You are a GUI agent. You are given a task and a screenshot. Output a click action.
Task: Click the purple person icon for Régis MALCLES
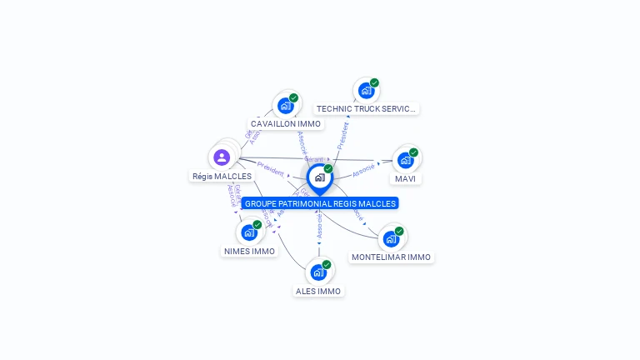222,157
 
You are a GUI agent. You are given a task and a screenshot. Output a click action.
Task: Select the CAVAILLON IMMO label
286,124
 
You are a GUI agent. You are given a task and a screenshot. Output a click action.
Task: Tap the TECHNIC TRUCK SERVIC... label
366,109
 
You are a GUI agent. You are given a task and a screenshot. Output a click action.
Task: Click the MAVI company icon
405,160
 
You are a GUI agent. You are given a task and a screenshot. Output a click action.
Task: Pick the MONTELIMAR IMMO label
391,257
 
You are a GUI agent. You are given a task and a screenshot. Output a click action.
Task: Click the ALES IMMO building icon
318,272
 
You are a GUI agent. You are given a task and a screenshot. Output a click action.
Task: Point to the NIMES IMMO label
249,252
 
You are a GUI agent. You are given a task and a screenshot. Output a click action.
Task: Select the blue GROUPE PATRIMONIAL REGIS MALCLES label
320,203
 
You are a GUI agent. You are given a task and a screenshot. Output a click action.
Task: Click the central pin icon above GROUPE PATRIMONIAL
319,177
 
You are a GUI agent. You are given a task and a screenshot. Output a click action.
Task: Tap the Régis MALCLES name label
222,177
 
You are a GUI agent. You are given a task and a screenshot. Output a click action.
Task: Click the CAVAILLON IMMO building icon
286,106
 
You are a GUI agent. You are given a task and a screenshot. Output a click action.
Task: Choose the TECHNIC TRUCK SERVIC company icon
366,91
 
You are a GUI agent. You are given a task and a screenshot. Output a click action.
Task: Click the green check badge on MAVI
413,152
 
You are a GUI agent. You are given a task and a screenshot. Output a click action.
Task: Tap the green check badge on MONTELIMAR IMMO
399,231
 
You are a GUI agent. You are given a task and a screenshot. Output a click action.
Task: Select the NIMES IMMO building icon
249,232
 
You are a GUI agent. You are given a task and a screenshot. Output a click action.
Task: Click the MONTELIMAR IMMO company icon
391,239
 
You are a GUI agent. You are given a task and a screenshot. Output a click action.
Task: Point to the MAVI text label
405,179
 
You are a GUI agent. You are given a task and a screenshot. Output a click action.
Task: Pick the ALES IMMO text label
318,292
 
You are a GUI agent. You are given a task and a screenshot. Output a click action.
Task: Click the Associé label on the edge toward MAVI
363,170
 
